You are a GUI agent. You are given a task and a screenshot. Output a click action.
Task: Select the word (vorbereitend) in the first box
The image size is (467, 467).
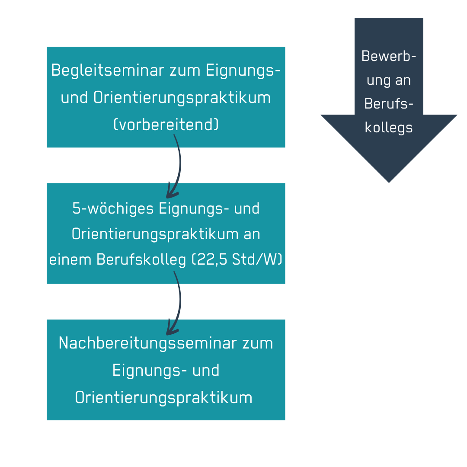[166, 125]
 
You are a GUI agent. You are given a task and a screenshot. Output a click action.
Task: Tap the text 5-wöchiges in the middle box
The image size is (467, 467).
[113, 208]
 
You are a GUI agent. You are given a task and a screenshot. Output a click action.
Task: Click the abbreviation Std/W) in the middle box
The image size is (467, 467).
[257, 259]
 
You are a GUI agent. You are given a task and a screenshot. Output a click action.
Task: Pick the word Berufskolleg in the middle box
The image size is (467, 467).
[141, 260]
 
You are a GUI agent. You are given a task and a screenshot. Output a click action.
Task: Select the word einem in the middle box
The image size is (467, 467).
[70, 259]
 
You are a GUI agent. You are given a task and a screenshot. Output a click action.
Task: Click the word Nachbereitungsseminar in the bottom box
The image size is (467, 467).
[147, 343]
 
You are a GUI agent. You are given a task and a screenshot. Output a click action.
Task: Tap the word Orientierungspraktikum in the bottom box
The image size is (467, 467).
[164, 398]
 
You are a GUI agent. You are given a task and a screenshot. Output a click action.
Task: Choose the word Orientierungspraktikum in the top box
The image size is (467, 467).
[182, 98]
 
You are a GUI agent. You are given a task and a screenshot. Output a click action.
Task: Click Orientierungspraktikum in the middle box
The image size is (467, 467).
[155, 234]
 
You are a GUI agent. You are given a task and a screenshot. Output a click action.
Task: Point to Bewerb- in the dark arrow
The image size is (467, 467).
[389, 56]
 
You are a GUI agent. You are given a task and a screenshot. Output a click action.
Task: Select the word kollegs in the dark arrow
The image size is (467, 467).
[389, 128]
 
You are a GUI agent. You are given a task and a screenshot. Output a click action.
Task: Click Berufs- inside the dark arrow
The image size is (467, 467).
[389, 104]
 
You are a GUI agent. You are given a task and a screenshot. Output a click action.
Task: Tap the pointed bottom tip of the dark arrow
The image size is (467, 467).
[389, 182]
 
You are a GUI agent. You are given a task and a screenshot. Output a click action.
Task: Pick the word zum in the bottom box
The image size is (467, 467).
[258, 343]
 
